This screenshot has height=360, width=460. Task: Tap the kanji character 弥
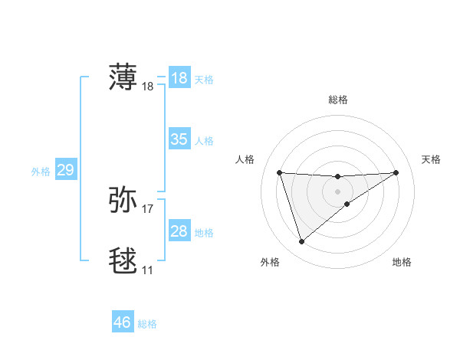coord(123,199)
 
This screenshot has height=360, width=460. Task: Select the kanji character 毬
coord(123,260)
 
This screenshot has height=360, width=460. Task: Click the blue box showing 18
coord(179,78)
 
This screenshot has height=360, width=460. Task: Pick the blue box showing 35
coord(179,139)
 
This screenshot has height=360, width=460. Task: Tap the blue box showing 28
coord(179,231)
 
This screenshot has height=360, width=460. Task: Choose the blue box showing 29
coord(65,170)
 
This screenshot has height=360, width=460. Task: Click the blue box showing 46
coord(123,322)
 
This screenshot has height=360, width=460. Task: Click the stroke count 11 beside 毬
coord(147,270)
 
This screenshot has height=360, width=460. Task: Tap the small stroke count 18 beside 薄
coord(148,87)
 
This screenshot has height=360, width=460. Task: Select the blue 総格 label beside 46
coord(147,324)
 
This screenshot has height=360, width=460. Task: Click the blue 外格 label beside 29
coord(41,172)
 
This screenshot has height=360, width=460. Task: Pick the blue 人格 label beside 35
coord(204,141)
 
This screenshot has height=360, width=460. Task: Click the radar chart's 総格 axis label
coord(337,100)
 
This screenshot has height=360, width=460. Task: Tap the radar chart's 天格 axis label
coord(431,159)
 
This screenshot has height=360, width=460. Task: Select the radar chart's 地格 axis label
coord(402,262)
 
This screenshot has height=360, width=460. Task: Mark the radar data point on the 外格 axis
coord(301,242)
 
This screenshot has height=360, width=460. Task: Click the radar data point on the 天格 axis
coord(396,172)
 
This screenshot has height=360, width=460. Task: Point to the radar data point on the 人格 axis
coord(280,172)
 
